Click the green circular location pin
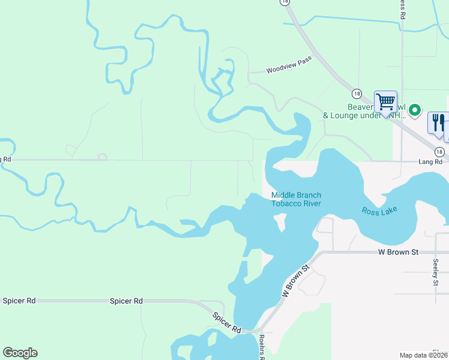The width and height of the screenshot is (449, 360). click(414, 110)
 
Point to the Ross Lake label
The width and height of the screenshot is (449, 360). click(380, 211)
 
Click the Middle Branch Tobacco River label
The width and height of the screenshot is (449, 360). click(296, 199)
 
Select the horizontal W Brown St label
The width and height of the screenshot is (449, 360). click(398, 253)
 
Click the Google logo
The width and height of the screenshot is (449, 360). click(20, 353)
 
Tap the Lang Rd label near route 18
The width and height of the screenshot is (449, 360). click(430, 162)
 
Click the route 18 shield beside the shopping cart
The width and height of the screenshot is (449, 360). click(357, 94)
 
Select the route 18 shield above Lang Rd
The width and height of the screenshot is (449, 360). click(440, 152)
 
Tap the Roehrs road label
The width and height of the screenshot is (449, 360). click(262, 347)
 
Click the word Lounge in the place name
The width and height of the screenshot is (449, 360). click(351, 115)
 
